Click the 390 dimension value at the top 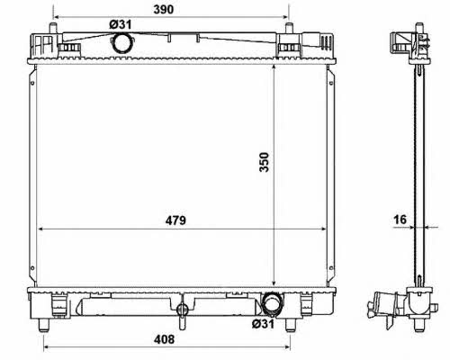(x=164, y=10)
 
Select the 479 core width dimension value (x=175, y=220)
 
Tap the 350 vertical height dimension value (x=265, y=162)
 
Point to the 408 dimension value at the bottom (x=164, y=339)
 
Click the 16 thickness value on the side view (x=400, y=220)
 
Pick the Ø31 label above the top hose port (x=121, y=24)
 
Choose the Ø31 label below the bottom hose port (x=263, y=324)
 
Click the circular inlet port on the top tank (x=121, y=42)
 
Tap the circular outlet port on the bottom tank (x=273, y=302)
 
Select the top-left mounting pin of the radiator (x=53, y=28)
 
